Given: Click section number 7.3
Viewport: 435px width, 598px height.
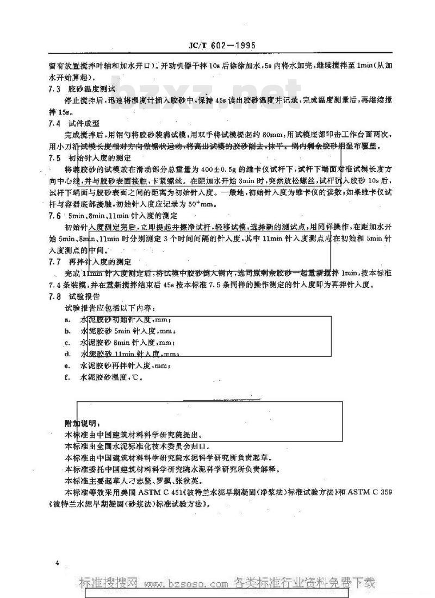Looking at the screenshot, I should pyautogui.click(x=55, y=89).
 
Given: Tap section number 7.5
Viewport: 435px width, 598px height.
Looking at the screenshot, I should pyautogui.click(x=55, y=158).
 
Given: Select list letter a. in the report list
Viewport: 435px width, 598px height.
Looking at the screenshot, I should pyautogui.click(x=66, y=320).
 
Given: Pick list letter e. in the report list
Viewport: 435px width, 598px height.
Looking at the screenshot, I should pyautogui.click(x=66, y=366).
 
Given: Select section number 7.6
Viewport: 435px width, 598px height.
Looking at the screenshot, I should pyautogui.click(x=55, y=216).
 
